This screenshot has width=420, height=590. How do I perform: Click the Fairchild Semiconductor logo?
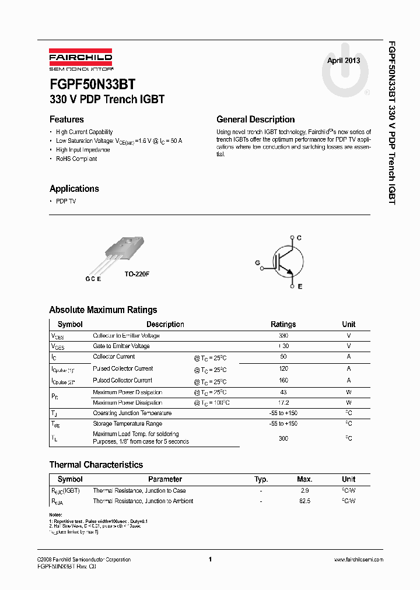click(x=80, y=59)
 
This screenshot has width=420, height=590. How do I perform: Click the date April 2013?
click(x=343, y=61)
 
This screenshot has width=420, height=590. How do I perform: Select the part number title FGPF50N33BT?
click(x=92, y=84)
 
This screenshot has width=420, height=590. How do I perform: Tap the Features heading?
click(x=66, y=119)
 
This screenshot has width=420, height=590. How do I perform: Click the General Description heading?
click(x=256, y=119)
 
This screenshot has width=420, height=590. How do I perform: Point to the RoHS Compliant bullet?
click(x=76, y=159)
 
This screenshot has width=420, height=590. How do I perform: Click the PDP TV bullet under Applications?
click(x=66, y=201)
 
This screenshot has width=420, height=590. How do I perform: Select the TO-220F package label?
click(x=137, y=273)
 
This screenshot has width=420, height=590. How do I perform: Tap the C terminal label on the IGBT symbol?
click(x=299, y=238)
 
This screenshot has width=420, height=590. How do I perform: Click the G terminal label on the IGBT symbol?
click(x=257, y=263)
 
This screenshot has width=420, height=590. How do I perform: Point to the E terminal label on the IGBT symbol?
click(x=300, y=287)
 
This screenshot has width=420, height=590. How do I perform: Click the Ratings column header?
click(x=283, y=324)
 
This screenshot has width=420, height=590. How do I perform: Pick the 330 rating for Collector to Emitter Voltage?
click(x=283, y=336)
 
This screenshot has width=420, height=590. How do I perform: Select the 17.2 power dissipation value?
click(x=283, y=403)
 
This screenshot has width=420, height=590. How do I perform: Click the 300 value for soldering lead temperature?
click(x=283, y=438)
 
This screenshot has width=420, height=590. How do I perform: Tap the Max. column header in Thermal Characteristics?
click(x=304, y=479)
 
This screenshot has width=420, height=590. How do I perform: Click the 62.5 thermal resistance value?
click(x=304, y=501)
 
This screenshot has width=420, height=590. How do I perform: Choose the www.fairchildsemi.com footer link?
click(x=358, y=560)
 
